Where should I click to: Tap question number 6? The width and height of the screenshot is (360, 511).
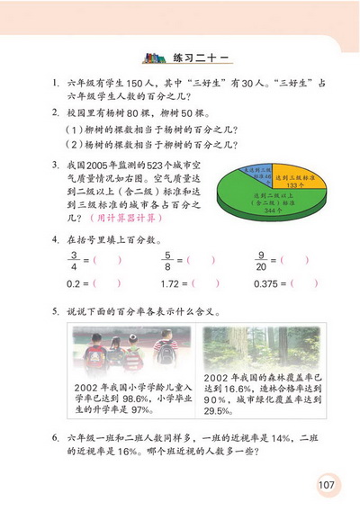[56, 437]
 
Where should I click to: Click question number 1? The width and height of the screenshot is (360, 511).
[56, 82]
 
